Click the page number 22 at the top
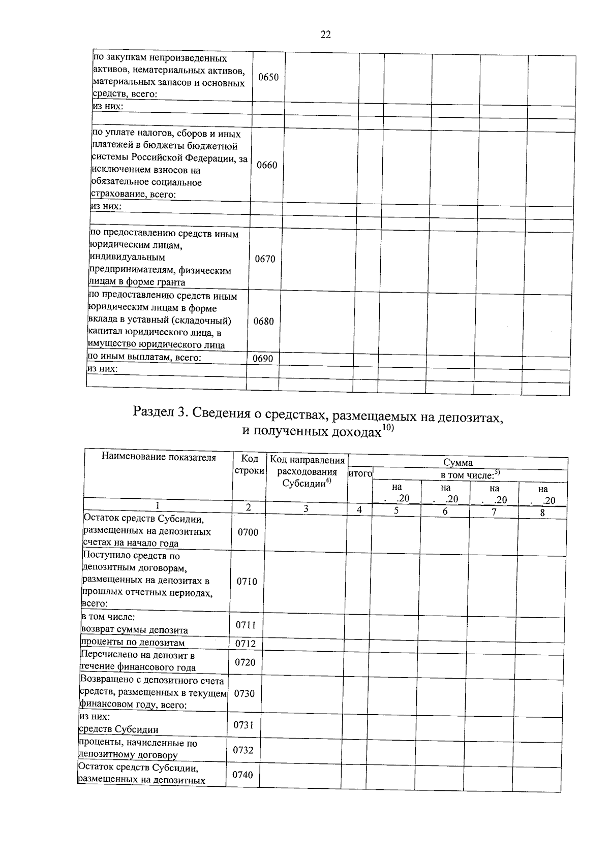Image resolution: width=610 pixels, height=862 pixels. pyautogui.click(x=325, y=35)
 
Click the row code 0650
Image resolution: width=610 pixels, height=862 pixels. pyautogui.click(x=268, y=78)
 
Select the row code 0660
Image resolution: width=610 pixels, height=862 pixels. pyautogui.click(x=267, y=165)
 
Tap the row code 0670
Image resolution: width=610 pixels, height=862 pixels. pyautogui.click(x=265, y=259)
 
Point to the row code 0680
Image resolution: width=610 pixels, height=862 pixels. pyautogui.click(x=263, y=322)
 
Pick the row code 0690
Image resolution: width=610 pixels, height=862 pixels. pyautogui.click(x=263, y=359)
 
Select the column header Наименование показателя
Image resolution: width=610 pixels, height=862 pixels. pyautogui.click(x=159, y=457)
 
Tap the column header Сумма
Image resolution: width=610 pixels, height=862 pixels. pyautogui.click(x=457, y=462)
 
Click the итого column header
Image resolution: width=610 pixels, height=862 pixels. pyautogui.click(x=360, y=474)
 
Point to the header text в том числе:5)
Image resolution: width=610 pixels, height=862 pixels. pyautogui.click(x=470, y=475)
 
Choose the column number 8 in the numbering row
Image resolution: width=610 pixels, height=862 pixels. pyautogui.click(x=542, y=513)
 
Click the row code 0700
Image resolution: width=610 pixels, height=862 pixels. pyautogui.click(x=248, y=532)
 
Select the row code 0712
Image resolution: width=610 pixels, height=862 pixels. pyautogui.click(x=246, y=644)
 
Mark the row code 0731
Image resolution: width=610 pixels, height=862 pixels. pyautogui.click(x=243, y=725)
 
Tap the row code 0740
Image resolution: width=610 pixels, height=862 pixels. pyautogui.click(x=242, y=775)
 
